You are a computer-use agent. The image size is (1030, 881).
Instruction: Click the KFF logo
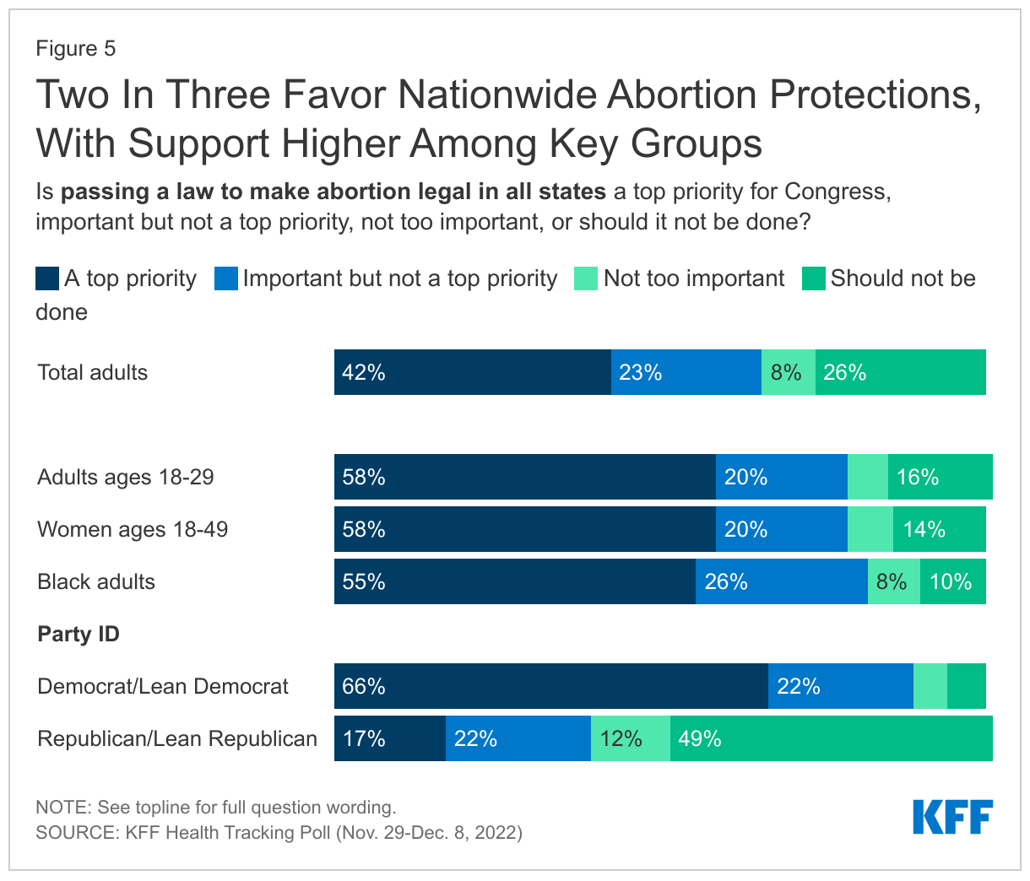coord(952,817)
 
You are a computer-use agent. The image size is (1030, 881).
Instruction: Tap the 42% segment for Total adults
coord(472,372)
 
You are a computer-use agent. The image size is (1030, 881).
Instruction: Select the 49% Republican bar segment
coord(831,738)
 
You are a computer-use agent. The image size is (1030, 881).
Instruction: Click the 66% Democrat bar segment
coord(550,686)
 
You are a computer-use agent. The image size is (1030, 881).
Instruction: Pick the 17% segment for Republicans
coord(389,738)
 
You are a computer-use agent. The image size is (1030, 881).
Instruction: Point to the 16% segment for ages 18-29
coord(940,477)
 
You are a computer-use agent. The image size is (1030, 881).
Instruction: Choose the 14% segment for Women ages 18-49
coord(939,529)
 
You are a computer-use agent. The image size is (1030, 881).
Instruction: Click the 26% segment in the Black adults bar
coord(781,581)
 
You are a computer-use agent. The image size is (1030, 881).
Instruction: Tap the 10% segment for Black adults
coord(952,581)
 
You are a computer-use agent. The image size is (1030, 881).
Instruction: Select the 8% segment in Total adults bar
coord(788,372)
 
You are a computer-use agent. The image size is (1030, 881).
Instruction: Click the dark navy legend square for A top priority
coord(47,278)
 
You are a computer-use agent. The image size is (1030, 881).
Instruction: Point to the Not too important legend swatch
coord(586,278)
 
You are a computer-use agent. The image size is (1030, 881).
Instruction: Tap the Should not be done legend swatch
coord(813,278)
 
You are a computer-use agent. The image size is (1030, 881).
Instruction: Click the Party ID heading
coord(79,634)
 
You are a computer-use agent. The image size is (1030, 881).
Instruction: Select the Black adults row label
coord(96,581)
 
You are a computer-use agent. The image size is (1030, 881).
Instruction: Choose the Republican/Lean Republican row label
coord(177,738)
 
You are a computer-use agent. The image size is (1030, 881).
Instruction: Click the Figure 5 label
coord(75,48)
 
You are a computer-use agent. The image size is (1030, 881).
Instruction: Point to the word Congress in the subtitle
coord(837,192)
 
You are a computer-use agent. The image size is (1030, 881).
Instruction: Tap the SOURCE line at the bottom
coord(279,833)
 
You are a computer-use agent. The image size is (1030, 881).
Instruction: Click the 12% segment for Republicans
coord(630,738)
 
